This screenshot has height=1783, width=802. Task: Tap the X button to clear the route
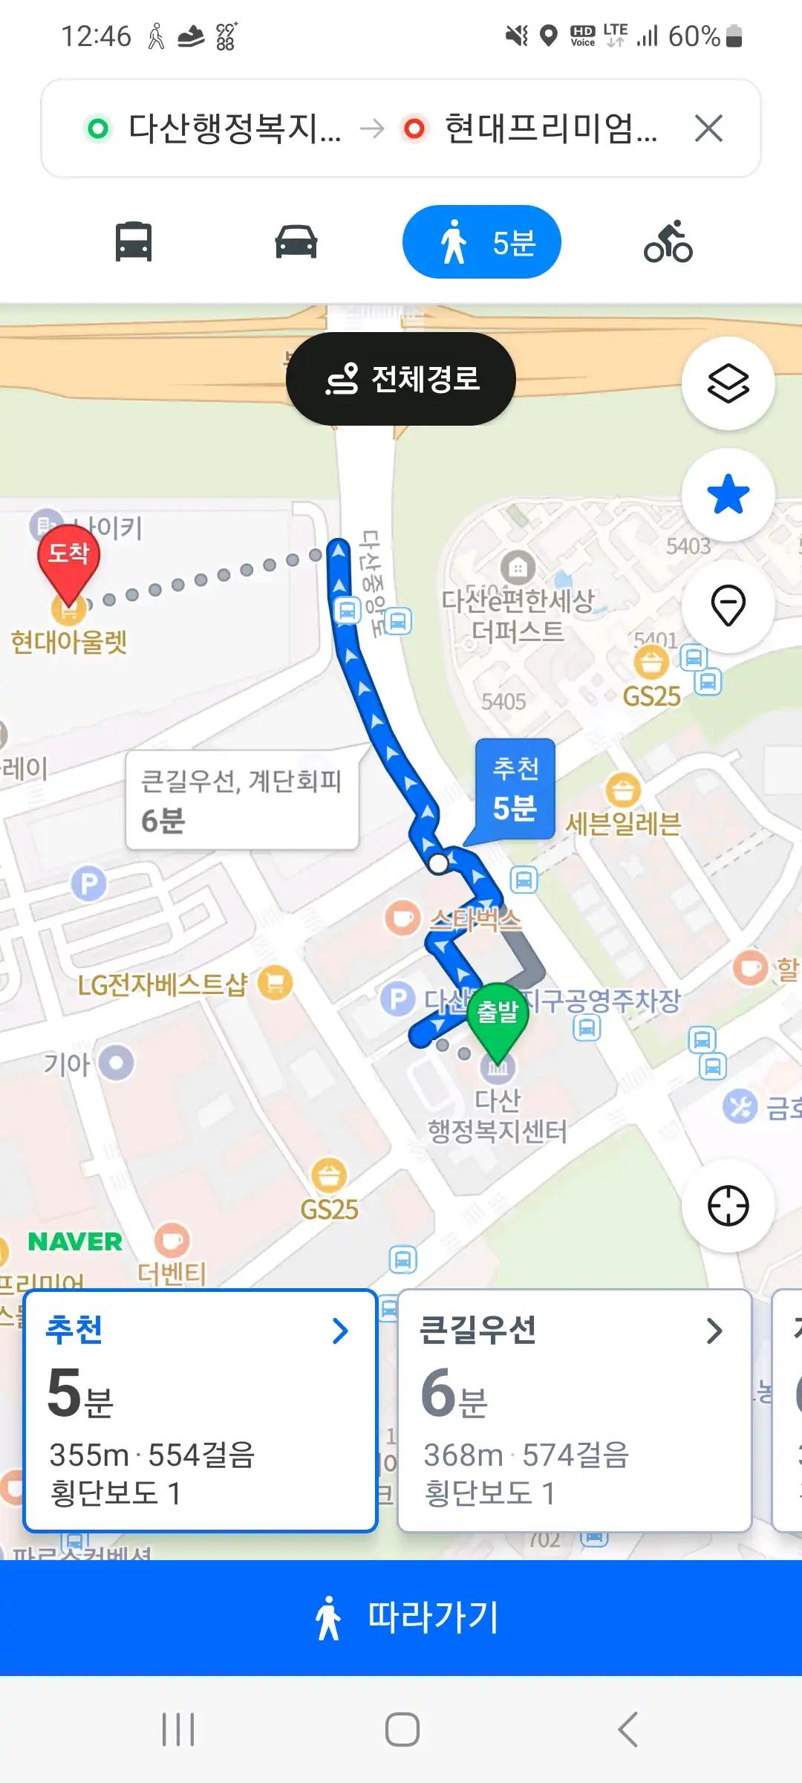708,129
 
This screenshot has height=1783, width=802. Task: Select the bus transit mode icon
134,242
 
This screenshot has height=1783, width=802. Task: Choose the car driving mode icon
296,242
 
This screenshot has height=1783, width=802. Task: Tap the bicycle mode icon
668,242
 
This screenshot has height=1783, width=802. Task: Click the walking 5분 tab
481,242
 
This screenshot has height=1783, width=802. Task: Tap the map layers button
728,383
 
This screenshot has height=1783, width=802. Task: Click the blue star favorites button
728,495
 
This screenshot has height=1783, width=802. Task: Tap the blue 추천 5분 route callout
515,789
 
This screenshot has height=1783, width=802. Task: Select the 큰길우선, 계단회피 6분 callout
241,799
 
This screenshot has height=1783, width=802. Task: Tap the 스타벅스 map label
475,920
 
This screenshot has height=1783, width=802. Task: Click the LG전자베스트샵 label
163,984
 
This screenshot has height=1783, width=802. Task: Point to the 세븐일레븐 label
622,823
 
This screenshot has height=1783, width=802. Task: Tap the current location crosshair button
728,1205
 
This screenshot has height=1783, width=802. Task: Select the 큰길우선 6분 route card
574,1410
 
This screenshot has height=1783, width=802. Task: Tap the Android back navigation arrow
628,1730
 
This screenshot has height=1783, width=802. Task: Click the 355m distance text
89,1455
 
